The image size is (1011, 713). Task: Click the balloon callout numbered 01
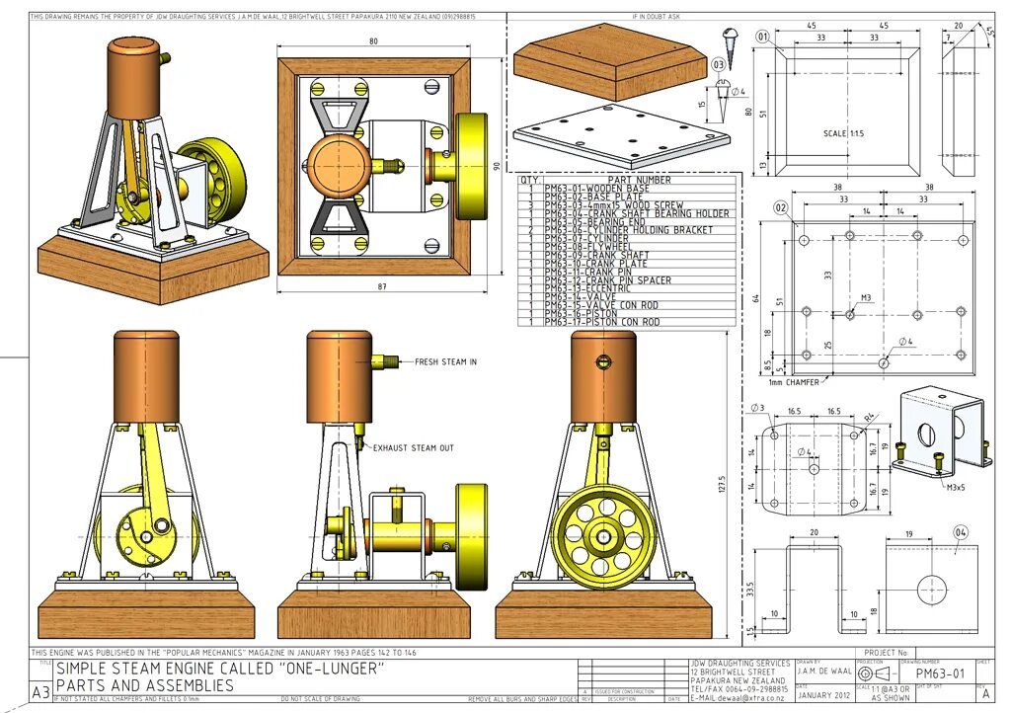tap(762, 37)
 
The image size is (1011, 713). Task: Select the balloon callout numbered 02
tap(780, 207)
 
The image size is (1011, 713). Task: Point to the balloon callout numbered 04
tap(961, 532)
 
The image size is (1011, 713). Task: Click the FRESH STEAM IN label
tap(445, 362)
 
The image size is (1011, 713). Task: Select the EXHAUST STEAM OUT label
tap(413, 448)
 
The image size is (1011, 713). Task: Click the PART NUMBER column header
tap(639, 180)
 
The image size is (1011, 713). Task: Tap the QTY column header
tap(530, 180)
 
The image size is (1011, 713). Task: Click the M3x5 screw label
tap(956, 487)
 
